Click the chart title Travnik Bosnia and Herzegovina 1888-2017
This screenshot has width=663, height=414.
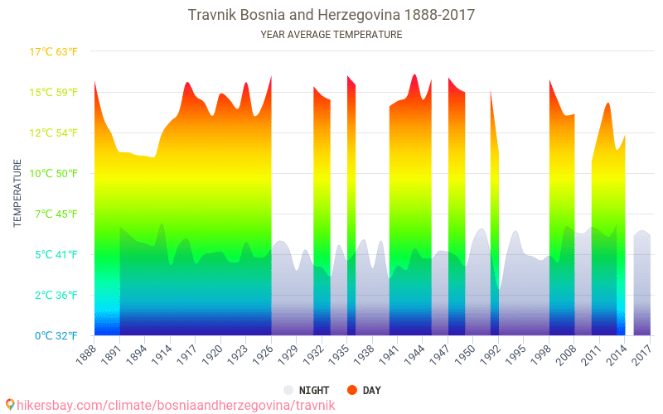[331, 15]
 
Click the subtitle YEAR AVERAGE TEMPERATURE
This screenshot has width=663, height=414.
[331, 35]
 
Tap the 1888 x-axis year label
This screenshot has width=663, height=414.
[83, 354]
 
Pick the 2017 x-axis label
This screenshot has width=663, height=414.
[640, 354]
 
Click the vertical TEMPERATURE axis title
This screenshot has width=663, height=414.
[17, 194]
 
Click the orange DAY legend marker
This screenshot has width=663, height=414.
[352, 390]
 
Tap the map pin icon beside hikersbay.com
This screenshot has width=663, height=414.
[9, 405]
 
